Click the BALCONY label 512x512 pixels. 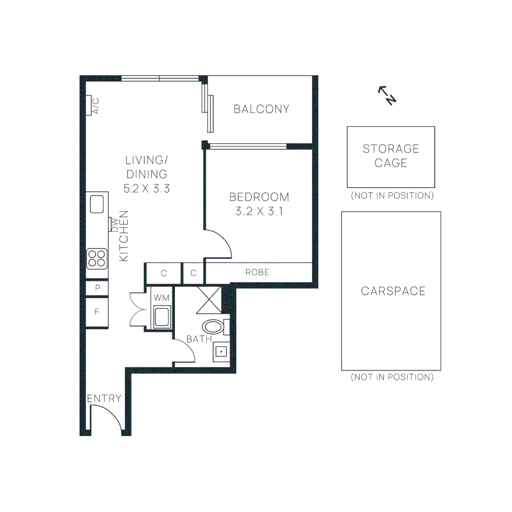261,109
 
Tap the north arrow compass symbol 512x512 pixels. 387,95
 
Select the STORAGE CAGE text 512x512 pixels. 391,156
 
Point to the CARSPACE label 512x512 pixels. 393,291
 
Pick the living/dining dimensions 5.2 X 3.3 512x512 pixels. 146,188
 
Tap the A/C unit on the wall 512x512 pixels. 89,105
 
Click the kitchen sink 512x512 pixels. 97,204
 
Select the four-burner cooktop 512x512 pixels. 96,259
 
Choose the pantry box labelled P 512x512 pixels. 97,288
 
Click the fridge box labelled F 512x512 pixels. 97,312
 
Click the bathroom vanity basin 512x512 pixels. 221,352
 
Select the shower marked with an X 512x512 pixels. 209,300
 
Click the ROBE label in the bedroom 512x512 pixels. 257,272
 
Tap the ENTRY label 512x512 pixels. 104,399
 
